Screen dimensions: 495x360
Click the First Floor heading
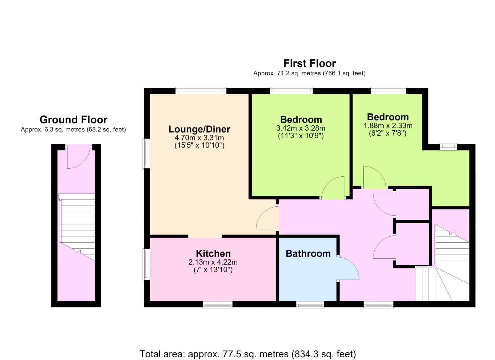click(310, 64)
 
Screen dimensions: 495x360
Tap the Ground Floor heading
click(73, 120)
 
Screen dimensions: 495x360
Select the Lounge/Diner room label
click(199, 129)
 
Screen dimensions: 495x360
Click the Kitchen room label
click(213, 253)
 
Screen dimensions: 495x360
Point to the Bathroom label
click(308, 254)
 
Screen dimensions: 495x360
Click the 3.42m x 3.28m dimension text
click(301, 128)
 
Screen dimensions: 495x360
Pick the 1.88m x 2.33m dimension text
click(388, 126)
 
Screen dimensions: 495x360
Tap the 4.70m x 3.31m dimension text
click(199, 138)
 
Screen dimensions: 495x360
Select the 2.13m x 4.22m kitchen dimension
click(213, 262)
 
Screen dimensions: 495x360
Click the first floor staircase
click(442, 263)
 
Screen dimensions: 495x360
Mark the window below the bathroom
click(310, 305)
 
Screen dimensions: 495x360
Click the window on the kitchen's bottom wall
click(218, 305)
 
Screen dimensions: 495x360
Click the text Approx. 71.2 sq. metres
click(287, 74)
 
